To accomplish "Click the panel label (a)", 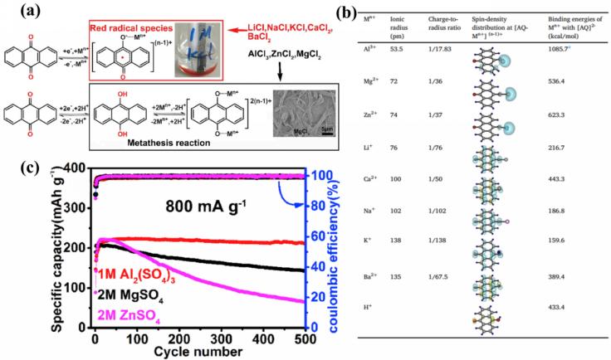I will click(16, 11).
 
